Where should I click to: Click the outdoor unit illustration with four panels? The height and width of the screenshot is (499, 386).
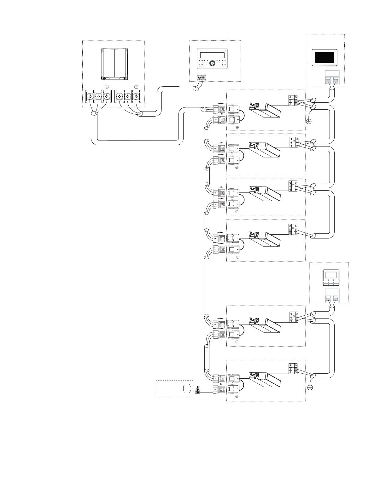click(x=114, y=64)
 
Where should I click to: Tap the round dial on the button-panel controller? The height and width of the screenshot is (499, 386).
click(x=212, y=63)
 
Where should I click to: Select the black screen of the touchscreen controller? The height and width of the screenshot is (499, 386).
click(x=325, y=57)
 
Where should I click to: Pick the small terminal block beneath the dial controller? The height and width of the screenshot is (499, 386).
click(x=201, y=77)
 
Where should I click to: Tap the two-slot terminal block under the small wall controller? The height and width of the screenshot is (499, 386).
click(x=332, y=296)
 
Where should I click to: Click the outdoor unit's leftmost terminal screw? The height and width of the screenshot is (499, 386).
click(x=90, y=96)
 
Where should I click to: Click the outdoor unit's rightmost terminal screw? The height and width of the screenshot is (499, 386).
click(x=136, y=96)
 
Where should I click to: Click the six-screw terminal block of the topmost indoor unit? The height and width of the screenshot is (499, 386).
click(x=293, y=100)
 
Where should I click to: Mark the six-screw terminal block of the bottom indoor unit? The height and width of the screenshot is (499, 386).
click(x=293, y=369)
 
